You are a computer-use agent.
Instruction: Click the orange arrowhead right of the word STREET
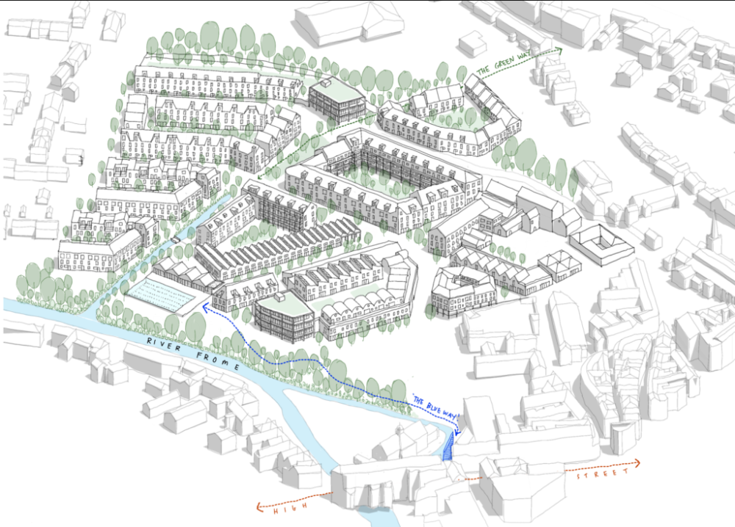click(637, 462)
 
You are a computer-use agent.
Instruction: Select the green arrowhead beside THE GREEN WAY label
click(558, 50)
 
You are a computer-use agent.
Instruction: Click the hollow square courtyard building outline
click(600, 243)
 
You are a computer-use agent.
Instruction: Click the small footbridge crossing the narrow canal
click(177, 239)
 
